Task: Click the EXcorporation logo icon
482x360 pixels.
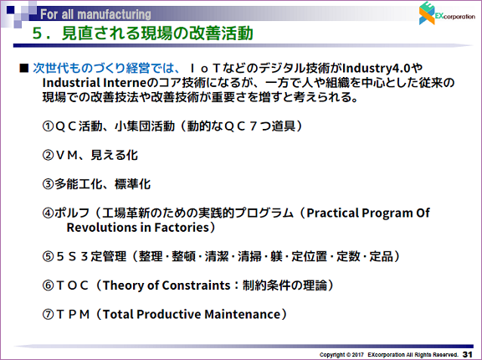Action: point(427,13)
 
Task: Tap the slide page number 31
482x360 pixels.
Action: point(467,354)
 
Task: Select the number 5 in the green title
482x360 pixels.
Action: point(37,33)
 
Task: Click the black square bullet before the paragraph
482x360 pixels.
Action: point(23,68)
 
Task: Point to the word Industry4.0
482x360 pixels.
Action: point(377,69)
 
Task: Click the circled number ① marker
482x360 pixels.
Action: point(49,126)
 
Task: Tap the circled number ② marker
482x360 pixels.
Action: point(49,155)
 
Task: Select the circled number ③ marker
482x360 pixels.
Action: point(49,184)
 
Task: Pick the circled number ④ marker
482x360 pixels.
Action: point(49,213)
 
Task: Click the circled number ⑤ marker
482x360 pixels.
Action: point(49,256)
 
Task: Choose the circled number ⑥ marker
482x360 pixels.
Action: point(49,285)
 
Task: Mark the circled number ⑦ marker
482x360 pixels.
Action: point(49,314)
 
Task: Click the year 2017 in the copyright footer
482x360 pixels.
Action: point(358,355)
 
